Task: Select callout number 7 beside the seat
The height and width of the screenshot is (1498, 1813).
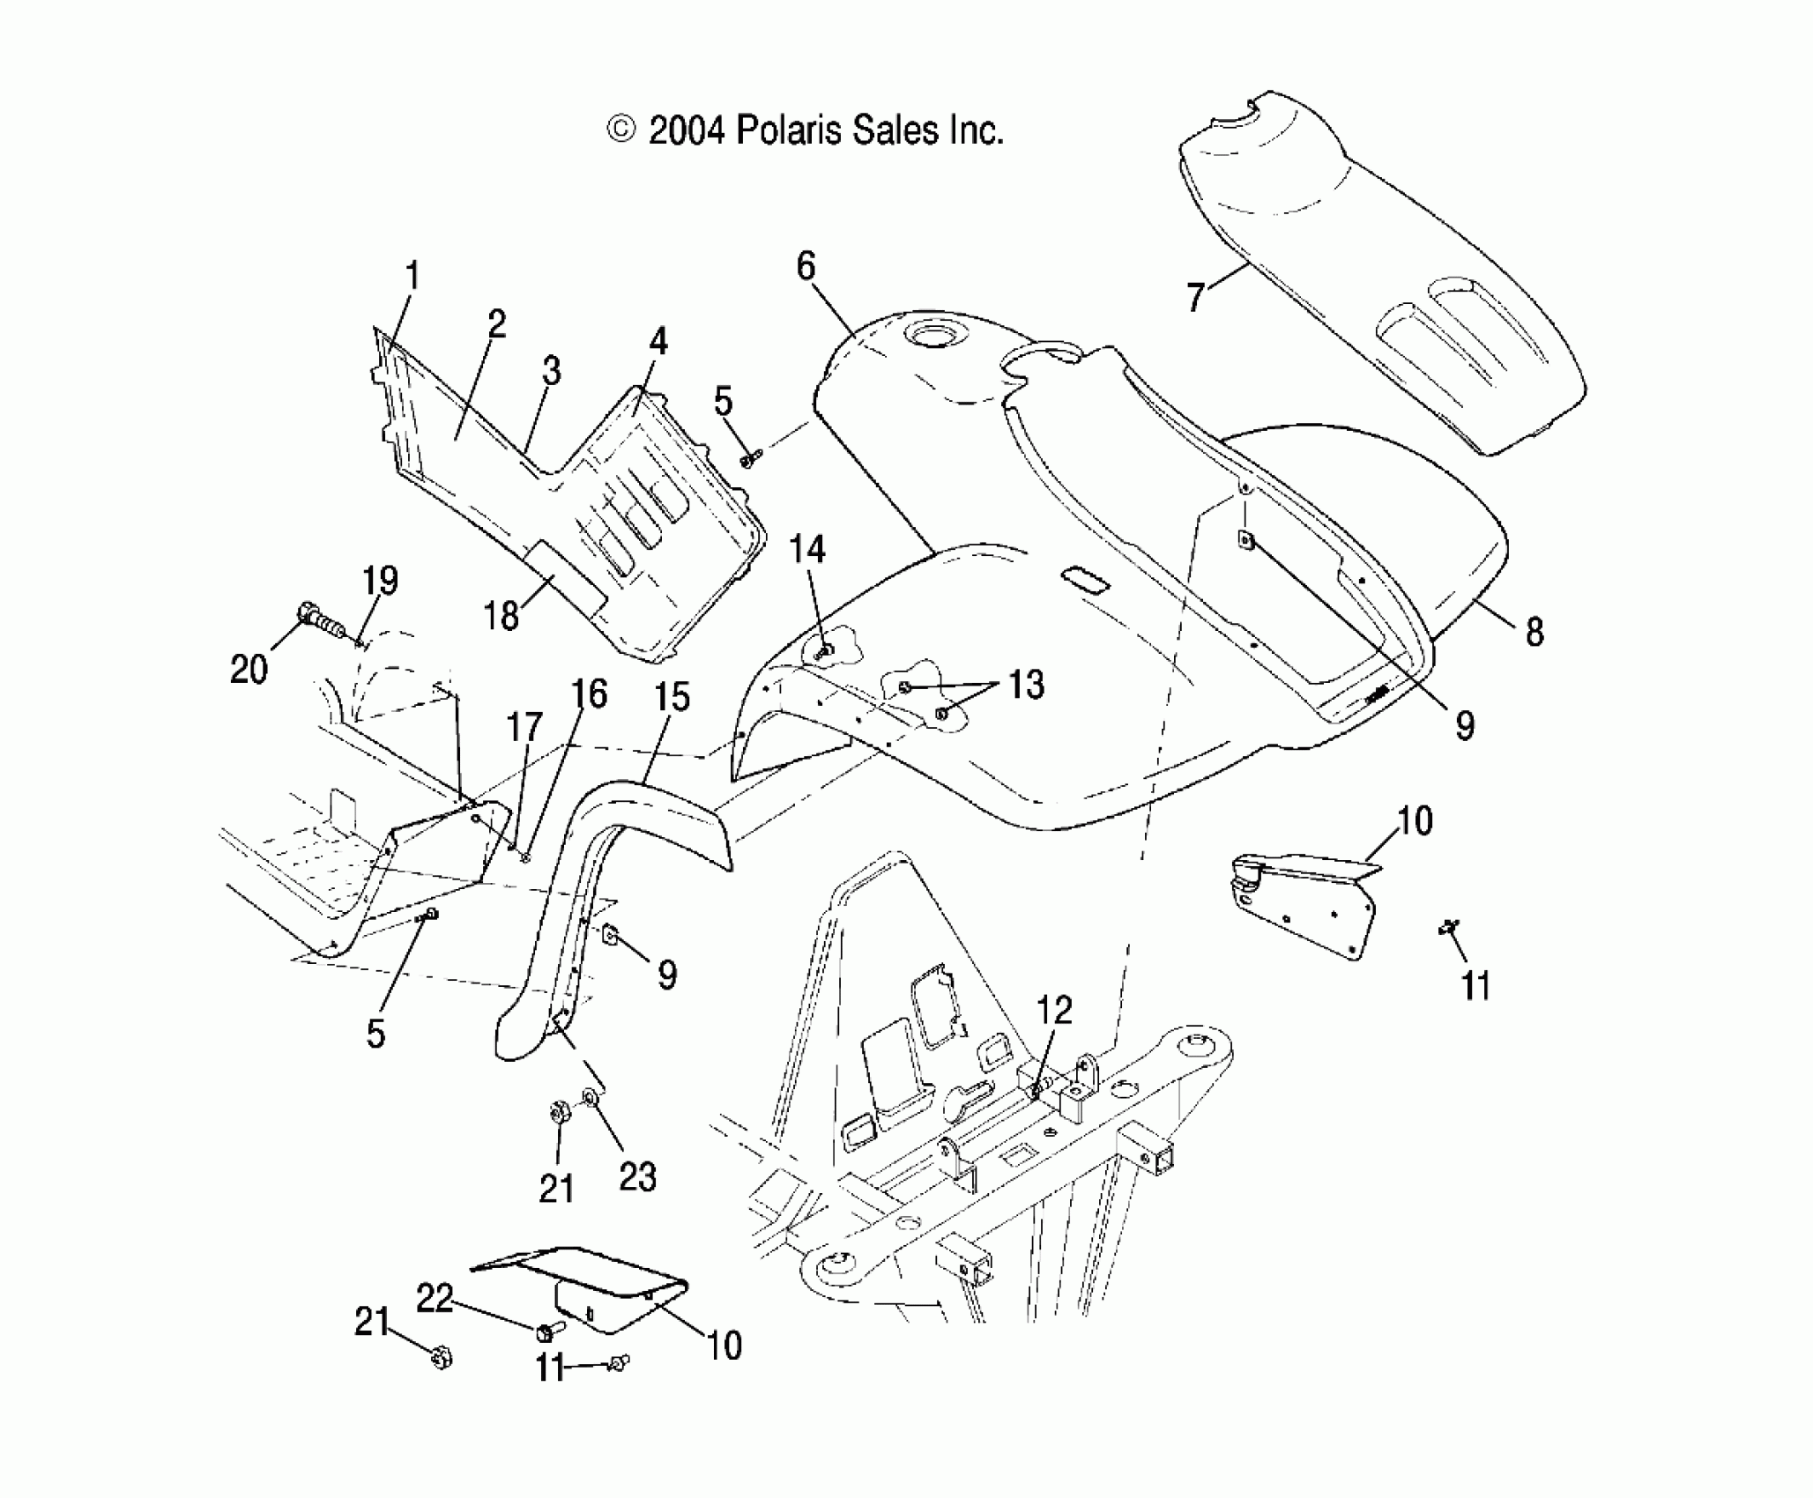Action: [x=1194, y=297]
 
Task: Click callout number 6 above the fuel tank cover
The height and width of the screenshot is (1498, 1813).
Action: [x=806, y=265]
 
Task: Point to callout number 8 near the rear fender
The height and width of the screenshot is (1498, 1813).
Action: [x=1534, y=631]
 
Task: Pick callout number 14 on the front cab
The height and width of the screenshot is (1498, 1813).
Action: [x=806, y=550]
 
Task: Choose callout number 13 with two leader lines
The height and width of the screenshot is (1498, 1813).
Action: [x=1025, y=685]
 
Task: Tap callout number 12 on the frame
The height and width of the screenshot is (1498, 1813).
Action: [x=1054, y=1011]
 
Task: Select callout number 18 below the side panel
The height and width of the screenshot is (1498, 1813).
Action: [x=502, y=615]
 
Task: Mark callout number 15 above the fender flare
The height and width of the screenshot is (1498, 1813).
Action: [x=672, y=697]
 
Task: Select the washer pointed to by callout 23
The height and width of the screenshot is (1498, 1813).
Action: [x=591, y=1097]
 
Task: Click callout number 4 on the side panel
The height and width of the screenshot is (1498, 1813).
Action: [x=658, y=342]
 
